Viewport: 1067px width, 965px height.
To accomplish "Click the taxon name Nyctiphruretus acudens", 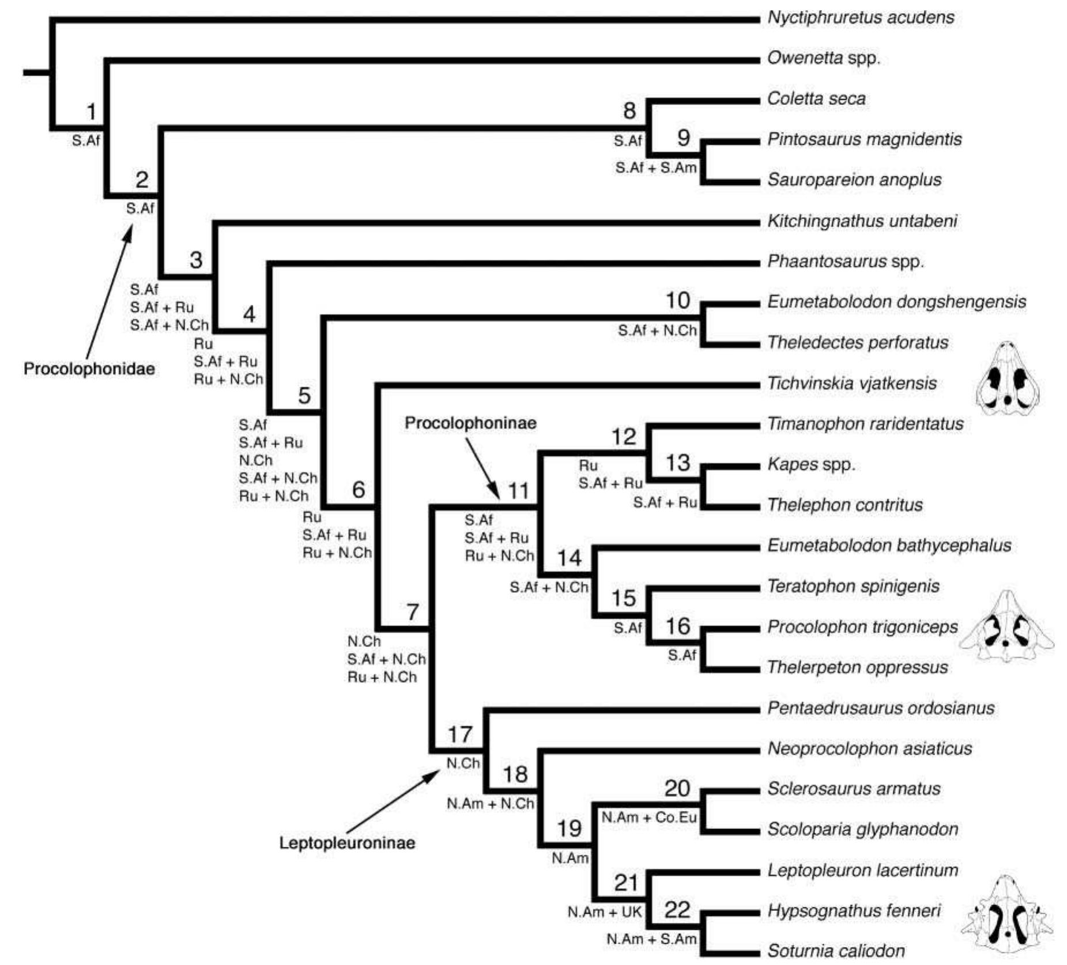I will tap(860, 18).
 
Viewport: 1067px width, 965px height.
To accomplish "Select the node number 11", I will tap(518, 491).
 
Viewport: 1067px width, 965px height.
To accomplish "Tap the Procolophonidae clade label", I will tap(89, 369).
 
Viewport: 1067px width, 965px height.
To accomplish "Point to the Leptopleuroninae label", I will tap(347, 843).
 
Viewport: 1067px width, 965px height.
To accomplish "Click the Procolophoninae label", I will tap(470, 423).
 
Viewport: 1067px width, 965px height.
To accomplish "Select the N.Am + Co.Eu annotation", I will tap(649, 817).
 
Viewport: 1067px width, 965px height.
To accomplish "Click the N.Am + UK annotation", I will tap(604, 912).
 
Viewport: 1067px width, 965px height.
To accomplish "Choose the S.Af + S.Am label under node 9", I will tap(655, 168).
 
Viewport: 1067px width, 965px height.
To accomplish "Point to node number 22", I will tap(677, 910).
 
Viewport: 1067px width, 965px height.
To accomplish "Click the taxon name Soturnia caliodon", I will tap(836, 951).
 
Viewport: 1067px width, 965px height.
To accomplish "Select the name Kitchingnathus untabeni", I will tap(862, 221).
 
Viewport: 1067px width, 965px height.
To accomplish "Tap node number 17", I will tap(459, 735).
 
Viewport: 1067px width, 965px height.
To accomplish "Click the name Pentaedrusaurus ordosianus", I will tap(880, 708).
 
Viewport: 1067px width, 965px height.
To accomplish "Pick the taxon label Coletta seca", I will tap(816, 99).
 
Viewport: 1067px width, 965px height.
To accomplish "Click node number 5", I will tap(304, 396).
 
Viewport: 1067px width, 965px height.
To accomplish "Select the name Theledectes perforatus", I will tap(857, 343).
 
